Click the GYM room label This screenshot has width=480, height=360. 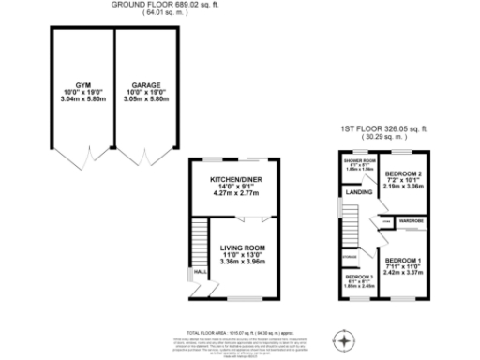tap(70, 82)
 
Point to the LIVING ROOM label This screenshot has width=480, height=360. tap(243, 247)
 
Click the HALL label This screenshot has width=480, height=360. tap(199, 274)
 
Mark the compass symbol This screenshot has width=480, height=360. tap(347, 339)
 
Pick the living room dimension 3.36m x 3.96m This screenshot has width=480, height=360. tap(243, 262)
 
